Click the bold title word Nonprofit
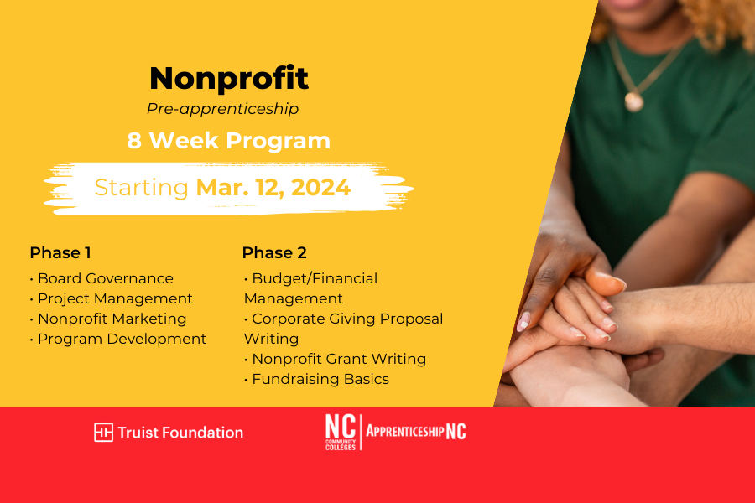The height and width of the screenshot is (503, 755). [x=229, y=78]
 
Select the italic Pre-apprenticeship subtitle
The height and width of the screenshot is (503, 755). [x=222, y=109]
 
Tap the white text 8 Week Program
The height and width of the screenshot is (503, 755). [x=229, y=141]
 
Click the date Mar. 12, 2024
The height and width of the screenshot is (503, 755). [x=273, y=188]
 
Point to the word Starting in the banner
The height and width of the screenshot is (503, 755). [x=142, y=188]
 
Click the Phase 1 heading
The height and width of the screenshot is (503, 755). [x=60, y=252]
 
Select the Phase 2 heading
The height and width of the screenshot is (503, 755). [x=274, y=252]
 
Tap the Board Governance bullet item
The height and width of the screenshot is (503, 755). [x=102, y=278]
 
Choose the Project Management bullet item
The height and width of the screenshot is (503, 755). [x=112, y=299]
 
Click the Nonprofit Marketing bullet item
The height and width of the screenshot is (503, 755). [x=108, y=319]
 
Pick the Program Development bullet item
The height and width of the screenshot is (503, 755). [x=118, y=339]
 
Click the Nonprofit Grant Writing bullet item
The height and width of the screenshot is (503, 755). [x=335, y=359]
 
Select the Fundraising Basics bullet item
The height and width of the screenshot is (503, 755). [x=316, y=379]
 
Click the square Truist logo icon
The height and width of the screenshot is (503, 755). [x=103, y=433]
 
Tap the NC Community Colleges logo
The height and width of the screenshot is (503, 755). [x=341, y=432]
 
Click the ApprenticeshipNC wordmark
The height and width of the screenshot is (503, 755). [x=416, y=431]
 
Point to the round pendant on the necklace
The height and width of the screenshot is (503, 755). [x=633, y=101]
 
